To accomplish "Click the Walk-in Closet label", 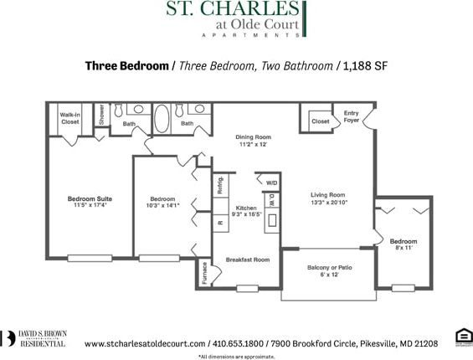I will tap(69, 118).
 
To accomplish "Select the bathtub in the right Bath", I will tap(161, 118).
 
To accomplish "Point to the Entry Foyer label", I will tap(352, 116).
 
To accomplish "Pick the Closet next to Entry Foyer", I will tap(319, 121).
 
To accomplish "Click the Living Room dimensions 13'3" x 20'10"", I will tap(327, 202).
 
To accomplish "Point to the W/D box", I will tap(271, 183).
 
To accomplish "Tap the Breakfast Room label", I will tap(248, 260).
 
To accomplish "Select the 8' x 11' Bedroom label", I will tap(404, 244).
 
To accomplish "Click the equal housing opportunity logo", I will tap(461, 337).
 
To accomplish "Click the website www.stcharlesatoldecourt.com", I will tap(145, 343).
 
